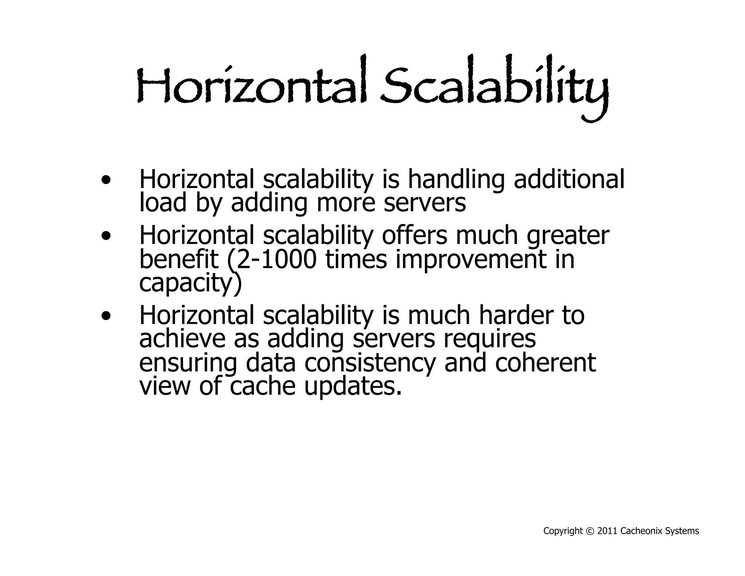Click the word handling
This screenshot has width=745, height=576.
[x=456, y=180]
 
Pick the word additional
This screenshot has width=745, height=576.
[x=569, y=179]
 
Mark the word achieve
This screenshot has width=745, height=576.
[x=182, y=339]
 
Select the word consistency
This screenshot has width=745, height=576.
[x=370, y=363]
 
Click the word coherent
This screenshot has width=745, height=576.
[x=545, y=363]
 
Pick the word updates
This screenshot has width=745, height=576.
[x=353, y=387]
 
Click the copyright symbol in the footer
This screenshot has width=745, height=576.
[x=590, y=531]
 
